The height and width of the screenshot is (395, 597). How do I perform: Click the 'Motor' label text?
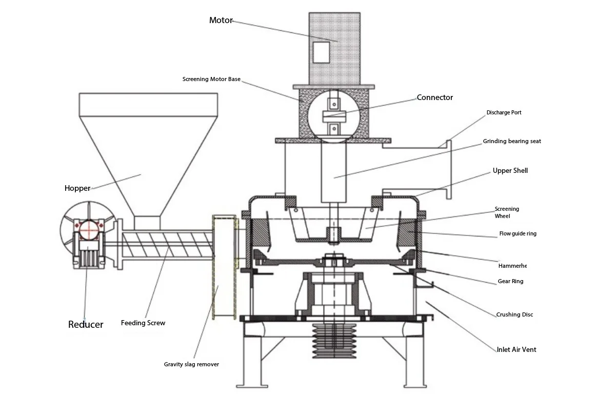221,21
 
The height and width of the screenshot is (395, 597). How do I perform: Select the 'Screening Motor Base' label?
211,80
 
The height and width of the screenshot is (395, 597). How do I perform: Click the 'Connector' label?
434,97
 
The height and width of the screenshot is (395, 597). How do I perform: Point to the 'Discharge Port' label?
504,112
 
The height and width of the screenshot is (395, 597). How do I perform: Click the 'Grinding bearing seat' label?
511,141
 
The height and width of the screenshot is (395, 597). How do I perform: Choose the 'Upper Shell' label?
510,170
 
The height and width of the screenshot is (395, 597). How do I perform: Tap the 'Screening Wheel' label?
507,212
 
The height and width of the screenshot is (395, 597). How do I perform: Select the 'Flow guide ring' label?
518,234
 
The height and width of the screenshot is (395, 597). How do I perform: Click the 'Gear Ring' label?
510,282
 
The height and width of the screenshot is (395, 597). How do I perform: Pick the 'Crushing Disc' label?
514,314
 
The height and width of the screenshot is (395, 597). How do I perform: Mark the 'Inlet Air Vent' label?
516,350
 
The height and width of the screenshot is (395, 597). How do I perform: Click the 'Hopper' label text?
77,188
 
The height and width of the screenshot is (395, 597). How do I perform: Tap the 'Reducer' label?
86,324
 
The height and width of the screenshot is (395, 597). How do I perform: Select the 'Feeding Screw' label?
143,323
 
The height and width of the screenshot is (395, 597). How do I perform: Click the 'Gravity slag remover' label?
191,364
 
